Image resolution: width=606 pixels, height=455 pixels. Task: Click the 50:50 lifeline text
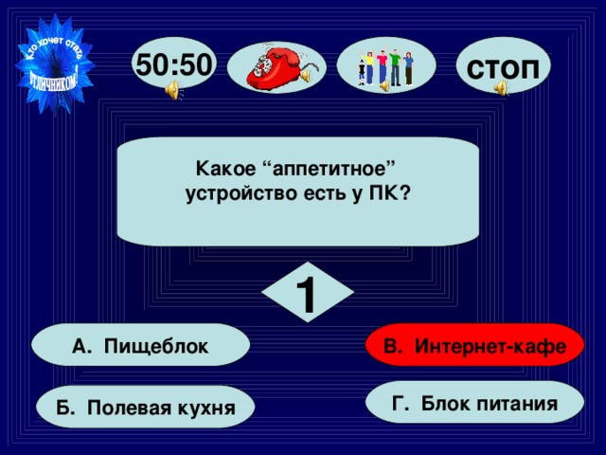(x=175, y=64)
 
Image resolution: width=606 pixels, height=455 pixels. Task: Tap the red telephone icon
(x=276, y=67)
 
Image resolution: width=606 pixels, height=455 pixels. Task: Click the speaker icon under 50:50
(x=173, y=90)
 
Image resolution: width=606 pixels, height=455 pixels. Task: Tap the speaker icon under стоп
(x=501, y=88)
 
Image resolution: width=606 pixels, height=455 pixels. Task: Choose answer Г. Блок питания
(x=474, y=404)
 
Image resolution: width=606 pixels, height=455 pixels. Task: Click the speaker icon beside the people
(x=385, y=86)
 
